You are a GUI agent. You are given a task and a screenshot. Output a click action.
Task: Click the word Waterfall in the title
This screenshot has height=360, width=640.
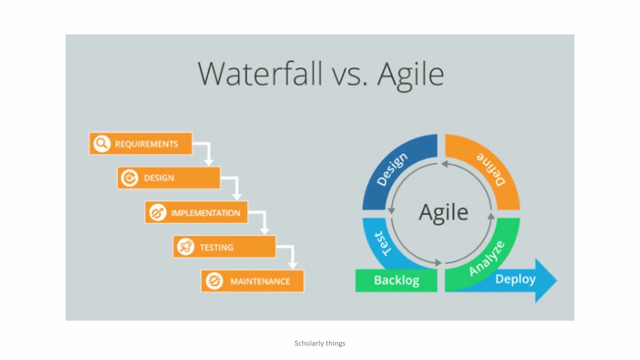pos(260,73)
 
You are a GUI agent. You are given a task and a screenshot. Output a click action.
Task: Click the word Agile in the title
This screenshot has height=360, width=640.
pos(410,75)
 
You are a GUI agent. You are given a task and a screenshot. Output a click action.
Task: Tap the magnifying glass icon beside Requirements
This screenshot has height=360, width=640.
pos(101,143)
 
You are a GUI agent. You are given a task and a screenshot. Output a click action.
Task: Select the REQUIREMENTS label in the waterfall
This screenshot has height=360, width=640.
pos(146,143)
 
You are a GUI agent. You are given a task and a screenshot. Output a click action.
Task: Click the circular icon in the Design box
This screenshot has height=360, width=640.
pos(129,177)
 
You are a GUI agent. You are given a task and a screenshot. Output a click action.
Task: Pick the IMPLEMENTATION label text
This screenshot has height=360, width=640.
pos(205,213)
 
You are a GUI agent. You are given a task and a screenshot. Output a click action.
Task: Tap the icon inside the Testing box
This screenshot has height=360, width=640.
pos(185,246)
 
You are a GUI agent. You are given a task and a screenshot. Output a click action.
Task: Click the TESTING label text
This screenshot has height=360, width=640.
pos(216,247)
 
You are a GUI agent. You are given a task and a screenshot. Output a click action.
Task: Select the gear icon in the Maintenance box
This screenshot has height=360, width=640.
pos(214,281)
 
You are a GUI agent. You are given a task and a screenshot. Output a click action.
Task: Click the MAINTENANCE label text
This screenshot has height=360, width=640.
pos(260,281)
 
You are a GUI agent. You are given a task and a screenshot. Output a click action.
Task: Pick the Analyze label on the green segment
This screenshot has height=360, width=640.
pos(487,258)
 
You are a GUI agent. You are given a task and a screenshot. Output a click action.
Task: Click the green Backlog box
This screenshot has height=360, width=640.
pos(396,280)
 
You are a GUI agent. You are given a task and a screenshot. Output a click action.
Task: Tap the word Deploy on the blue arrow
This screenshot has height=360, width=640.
pos(515,279)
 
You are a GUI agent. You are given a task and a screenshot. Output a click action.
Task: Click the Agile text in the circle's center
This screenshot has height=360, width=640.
pos(443,213)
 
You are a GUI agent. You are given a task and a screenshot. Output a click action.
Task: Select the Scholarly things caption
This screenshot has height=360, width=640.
pos(319,343)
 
